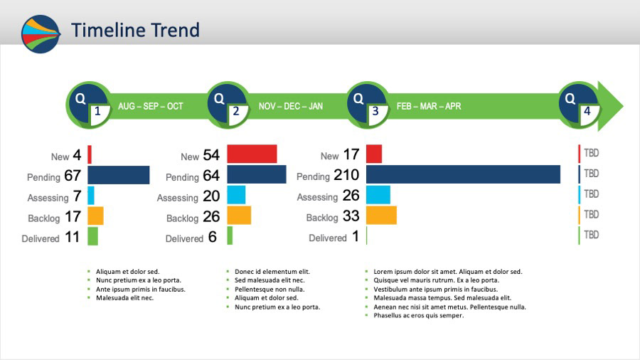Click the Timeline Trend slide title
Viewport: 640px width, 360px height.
(135, 30)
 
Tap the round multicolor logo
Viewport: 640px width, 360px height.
(41, 34)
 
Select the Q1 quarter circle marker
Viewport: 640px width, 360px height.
(89, 105)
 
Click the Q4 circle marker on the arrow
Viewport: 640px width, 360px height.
(579, 105)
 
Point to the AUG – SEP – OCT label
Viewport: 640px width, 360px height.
(151, 107)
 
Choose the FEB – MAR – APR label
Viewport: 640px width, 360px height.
(429, 107)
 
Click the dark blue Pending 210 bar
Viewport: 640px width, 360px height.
(463, 174)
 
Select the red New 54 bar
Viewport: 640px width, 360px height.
(252, 154)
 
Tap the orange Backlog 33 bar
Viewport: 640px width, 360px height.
(381, 215)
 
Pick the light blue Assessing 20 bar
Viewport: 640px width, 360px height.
(236, 195)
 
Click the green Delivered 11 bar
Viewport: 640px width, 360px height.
(92, 236)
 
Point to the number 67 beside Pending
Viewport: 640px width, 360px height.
(73, 176)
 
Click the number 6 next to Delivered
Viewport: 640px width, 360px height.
(212, 237)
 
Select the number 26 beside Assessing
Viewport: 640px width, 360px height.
(351, 196)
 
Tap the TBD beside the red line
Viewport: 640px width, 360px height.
(591, 153)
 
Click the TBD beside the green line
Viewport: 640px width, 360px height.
(591, 235)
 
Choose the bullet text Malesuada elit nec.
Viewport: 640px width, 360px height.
(124, 298)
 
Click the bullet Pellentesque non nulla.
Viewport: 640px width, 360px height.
(270, 290)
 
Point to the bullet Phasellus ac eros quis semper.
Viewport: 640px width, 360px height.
(418, 315)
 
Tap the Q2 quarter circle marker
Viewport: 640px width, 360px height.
(228, 105)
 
